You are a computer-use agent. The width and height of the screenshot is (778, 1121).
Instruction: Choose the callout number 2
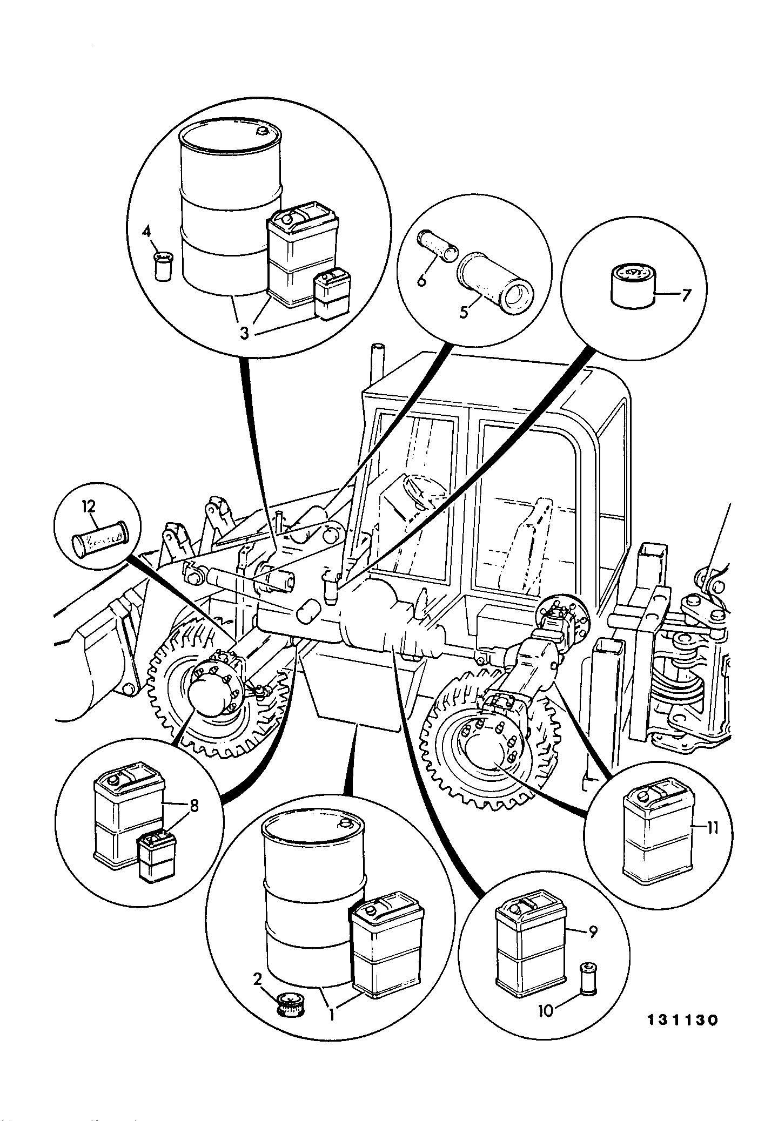click(x=258, y=978)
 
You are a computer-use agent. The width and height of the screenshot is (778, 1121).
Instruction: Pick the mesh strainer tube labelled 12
click(x=100, y=539)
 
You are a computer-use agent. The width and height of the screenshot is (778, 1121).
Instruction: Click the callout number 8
click(x=193, y=807)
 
